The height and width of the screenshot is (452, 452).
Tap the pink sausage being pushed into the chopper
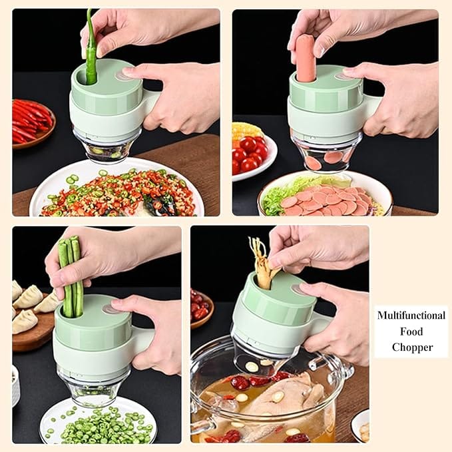coord(306,59)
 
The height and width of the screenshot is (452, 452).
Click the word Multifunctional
coord(411,316)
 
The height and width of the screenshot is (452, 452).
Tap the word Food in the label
coord(411,332)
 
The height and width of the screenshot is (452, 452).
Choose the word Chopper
coord(412,347)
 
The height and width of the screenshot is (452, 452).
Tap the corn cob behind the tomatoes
coord(247,132)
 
